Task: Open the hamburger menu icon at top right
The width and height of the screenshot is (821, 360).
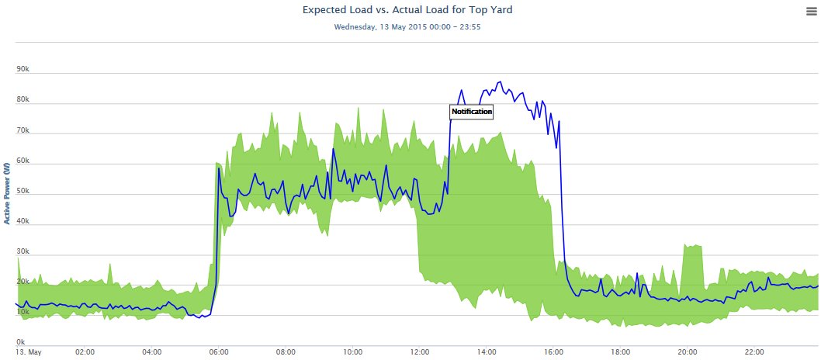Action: [812, 9]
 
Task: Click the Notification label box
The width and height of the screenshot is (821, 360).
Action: [472, 112]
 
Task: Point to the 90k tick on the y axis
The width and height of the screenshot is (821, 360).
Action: [23, 69]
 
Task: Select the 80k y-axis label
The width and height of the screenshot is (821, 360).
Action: [23, 99]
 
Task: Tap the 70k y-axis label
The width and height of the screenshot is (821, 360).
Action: [23, 130]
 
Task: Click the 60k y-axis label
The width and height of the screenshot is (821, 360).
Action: [23, 160]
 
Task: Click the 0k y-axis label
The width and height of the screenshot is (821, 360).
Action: [21, 341]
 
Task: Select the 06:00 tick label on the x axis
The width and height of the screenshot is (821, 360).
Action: [219, 351]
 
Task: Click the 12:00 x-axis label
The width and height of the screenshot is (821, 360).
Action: [419, 351]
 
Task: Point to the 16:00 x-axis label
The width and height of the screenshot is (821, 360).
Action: [553, 351]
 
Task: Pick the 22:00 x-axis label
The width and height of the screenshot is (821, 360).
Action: [754, 351]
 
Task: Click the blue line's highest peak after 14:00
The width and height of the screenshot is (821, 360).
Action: [500, 82]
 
